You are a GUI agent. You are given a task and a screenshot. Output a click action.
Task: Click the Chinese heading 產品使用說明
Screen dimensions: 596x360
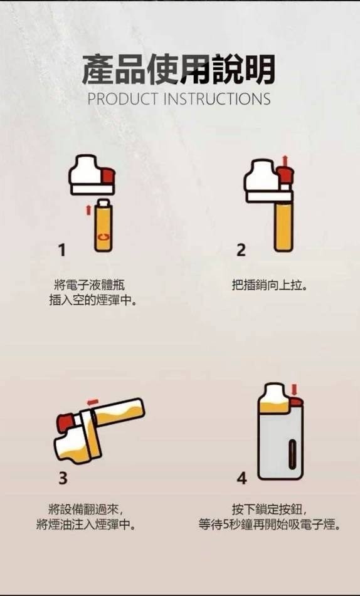coord(179,70)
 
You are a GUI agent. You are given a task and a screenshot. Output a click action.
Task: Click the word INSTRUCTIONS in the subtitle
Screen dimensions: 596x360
coord(216,99)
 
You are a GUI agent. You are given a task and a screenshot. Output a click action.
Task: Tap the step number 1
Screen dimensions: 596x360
coord(61,251)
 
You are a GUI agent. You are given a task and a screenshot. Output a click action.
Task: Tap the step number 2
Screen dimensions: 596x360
coord(241,251)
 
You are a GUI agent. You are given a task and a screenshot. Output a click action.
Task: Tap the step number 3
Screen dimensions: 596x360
coord(63,478)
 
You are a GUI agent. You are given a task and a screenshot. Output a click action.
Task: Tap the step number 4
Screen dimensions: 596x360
coord(242,478)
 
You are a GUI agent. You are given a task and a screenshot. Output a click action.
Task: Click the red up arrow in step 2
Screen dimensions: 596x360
coord(286,160)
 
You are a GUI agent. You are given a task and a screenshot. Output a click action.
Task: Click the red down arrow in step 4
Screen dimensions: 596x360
coord(294,389)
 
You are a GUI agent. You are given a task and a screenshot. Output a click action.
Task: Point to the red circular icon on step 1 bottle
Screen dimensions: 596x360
coord(103,238)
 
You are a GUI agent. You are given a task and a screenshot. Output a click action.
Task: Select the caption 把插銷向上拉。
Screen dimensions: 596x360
coord(270,285)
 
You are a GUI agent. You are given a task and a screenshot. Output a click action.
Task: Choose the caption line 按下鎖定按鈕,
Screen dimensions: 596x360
coord(270,508)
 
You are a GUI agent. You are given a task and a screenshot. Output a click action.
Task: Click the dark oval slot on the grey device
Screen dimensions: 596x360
coord(292,453)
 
